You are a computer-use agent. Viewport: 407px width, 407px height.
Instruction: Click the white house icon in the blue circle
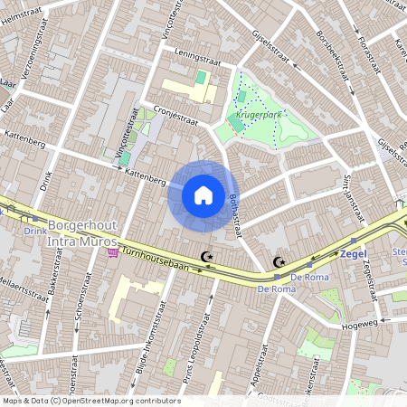tap(203, 194)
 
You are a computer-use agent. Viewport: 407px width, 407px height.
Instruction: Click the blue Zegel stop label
tap(353, 254)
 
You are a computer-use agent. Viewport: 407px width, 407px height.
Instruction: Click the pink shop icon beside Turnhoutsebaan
tap(112, 252)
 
